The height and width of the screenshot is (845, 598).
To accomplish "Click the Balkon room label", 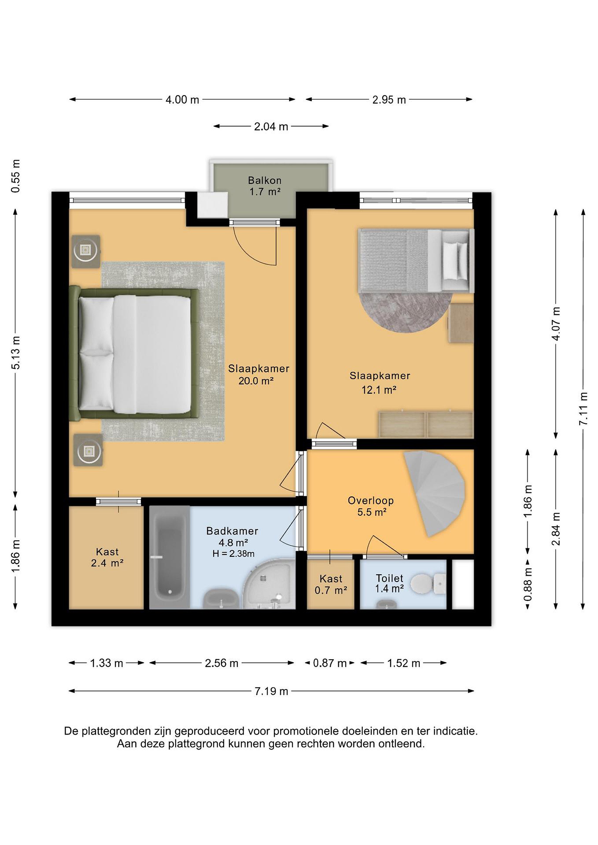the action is pos(265,180).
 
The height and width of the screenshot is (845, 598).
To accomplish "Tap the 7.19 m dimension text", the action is pos(271,691).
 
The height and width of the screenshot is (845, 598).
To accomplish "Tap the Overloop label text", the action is pos(371,501).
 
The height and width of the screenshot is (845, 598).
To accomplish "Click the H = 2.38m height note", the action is pos(233,554).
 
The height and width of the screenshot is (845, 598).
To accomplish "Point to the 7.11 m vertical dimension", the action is pos(583,409).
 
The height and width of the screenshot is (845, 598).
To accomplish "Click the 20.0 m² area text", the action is pos(256,381).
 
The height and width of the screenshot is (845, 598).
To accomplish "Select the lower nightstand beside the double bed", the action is pos(88,450).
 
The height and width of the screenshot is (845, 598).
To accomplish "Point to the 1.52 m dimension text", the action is pos(404,663).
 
